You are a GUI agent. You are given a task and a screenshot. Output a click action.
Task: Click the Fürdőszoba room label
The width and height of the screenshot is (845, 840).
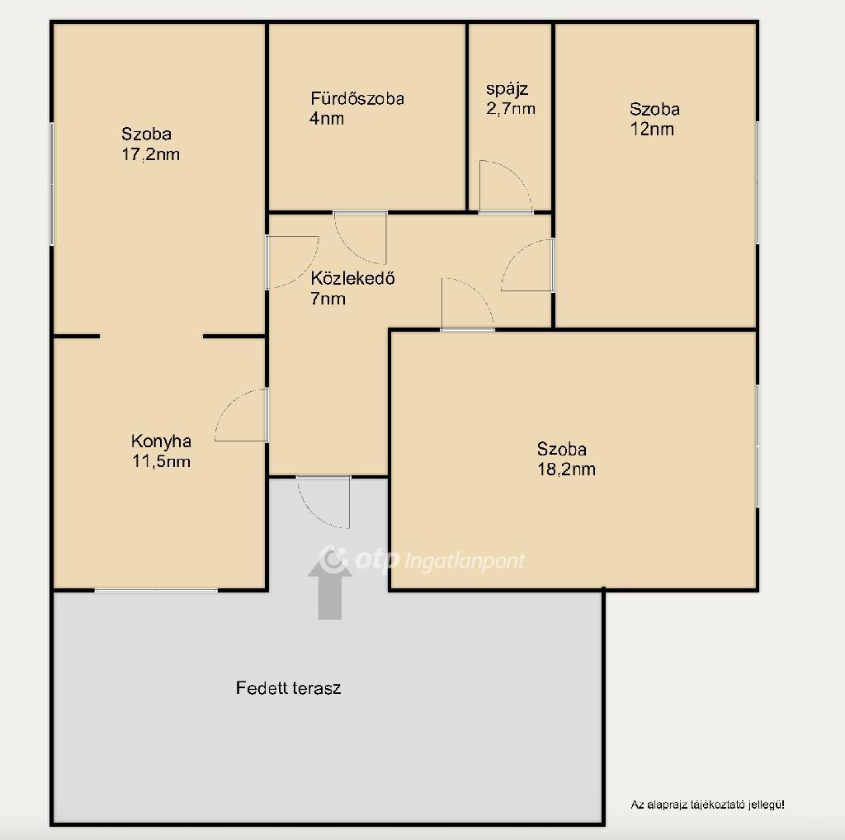[x=357, y=98]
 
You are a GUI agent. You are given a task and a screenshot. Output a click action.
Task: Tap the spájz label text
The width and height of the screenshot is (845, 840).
[x=507, y=89]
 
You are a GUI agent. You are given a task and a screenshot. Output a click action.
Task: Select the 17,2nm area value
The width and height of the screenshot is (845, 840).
[x=150, y=154]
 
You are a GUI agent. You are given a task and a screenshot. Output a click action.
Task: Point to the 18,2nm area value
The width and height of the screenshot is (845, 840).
[x=566, y=470]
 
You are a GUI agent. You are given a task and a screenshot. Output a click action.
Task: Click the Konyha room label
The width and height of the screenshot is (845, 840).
[x=161, y=441]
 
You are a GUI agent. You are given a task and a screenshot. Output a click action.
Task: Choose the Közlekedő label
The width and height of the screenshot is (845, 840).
[x=353, y=278]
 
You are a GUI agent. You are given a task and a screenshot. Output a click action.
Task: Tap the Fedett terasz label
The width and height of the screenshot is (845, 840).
[x=288, y=688]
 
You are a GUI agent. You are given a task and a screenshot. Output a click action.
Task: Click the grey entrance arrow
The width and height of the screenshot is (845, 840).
[x=330, y=588]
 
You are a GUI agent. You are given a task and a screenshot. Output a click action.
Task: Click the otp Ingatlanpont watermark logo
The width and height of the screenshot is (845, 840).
[x=422, y=559]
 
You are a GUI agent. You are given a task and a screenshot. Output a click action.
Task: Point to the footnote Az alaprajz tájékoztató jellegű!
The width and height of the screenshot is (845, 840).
[x=707, y=805]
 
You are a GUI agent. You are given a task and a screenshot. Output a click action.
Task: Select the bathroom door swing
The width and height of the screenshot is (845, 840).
[x=360, y=237]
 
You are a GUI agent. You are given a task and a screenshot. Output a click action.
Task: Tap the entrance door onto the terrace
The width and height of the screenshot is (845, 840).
[x=323, y=503]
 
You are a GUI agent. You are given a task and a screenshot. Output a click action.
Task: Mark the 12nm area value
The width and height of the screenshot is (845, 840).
[x=652, y=130]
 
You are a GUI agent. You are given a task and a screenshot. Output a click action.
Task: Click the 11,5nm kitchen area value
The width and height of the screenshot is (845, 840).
[x=161, y=462]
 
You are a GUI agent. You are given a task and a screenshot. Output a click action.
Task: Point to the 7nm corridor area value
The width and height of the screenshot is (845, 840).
[x=328, y=299]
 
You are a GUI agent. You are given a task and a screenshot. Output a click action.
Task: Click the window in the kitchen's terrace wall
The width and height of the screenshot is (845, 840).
[x=156, y=591]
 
